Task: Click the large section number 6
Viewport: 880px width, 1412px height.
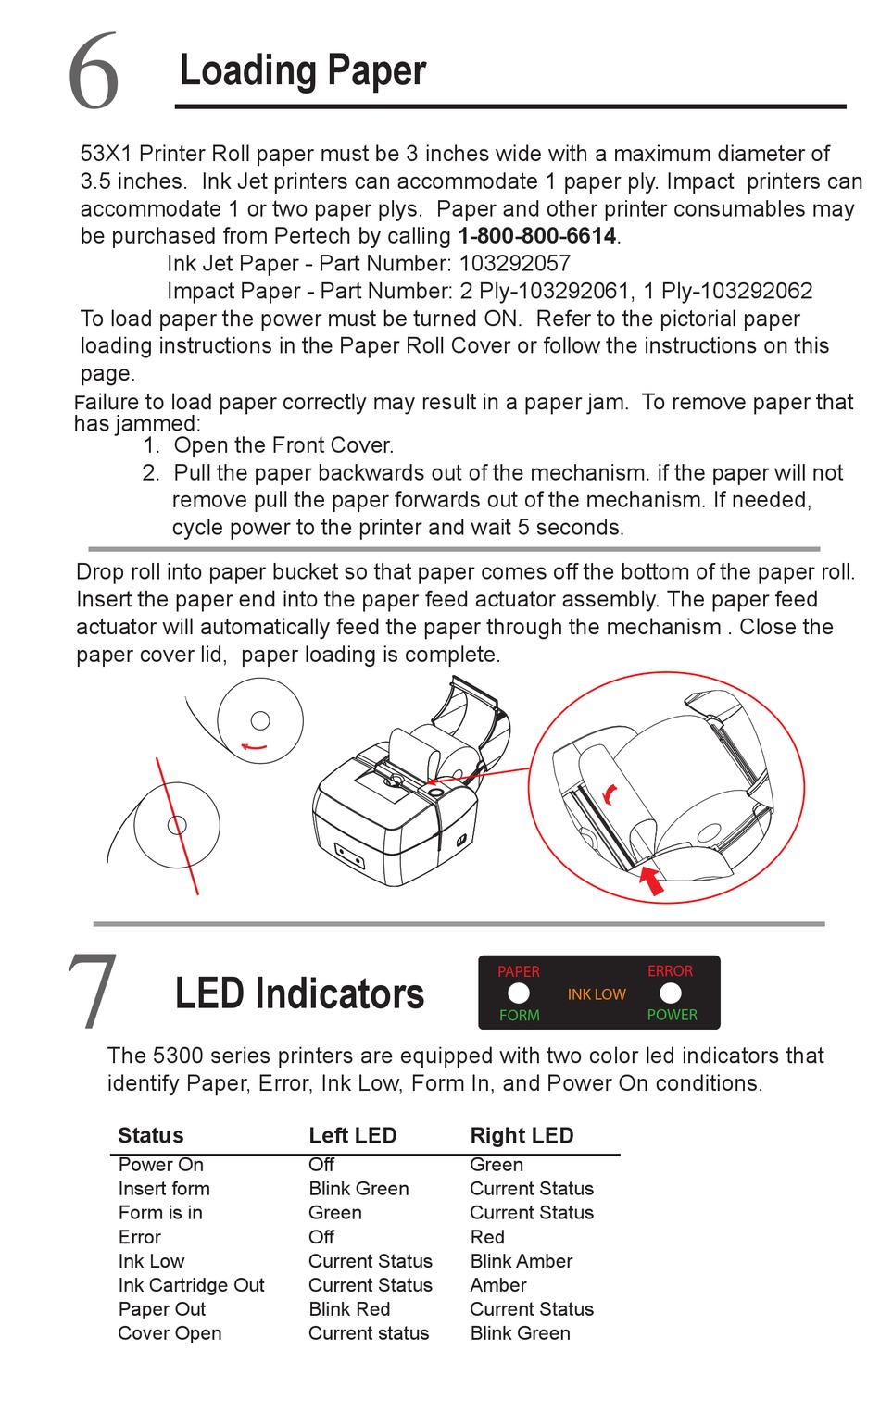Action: pyautogui.click(x=94, y=71)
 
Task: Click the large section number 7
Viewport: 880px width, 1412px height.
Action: pyautogui.click(x=93, y=991)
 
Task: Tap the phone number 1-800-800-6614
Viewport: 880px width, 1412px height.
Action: pyautogui.click(x=538, y=236)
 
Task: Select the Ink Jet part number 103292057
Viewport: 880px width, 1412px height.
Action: pyautogui.click(x=515, y=264)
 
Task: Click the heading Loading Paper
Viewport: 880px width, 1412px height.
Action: pyautogui.click(x=303, y=71)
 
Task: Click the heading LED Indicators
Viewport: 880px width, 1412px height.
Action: pyautogui.click(x=299, y=993)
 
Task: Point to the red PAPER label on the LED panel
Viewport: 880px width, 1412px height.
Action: pyautogui.click(x=518, y=971)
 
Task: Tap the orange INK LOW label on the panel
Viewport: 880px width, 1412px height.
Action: pyautogui.click(x=597, y=994)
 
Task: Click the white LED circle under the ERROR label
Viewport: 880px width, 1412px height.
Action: pyautogui.click(x=671, y=993)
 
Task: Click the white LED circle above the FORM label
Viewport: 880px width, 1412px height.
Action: pyautogui.click(x=519, y=993)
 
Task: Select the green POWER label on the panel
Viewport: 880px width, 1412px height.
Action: pyautogui.click(x=672, y=1015)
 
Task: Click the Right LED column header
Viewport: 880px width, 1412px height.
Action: pyautogui.click(x=522, y=1136)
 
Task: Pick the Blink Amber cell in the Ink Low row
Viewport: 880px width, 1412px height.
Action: pyautogui.click(x=521, y=1261)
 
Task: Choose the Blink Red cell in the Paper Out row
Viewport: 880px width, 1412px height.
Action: pyautogui.click(x=349, y=1309)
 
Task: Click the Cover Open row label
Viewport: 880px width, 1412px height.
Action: pyautogui.click(x=170, y=1333)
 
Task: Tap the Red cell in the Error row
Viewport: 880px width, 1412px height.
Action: pyautogui.click(x=487, y=1237)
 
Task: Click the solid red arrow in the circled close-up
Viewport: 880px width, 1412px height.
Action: pyautogui.click(x=653, y=880)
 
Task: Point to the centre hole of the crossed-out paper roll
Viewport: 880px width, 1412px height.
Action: pyautogui.click(x=177, y=825)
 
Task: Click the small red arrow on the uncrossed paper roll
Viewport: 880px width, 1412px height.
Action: pyautogui.click(x=253, y=745)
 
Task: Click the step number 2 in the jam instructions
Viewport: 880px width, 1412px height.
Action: pyautogui.click(x=151, y=473)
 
